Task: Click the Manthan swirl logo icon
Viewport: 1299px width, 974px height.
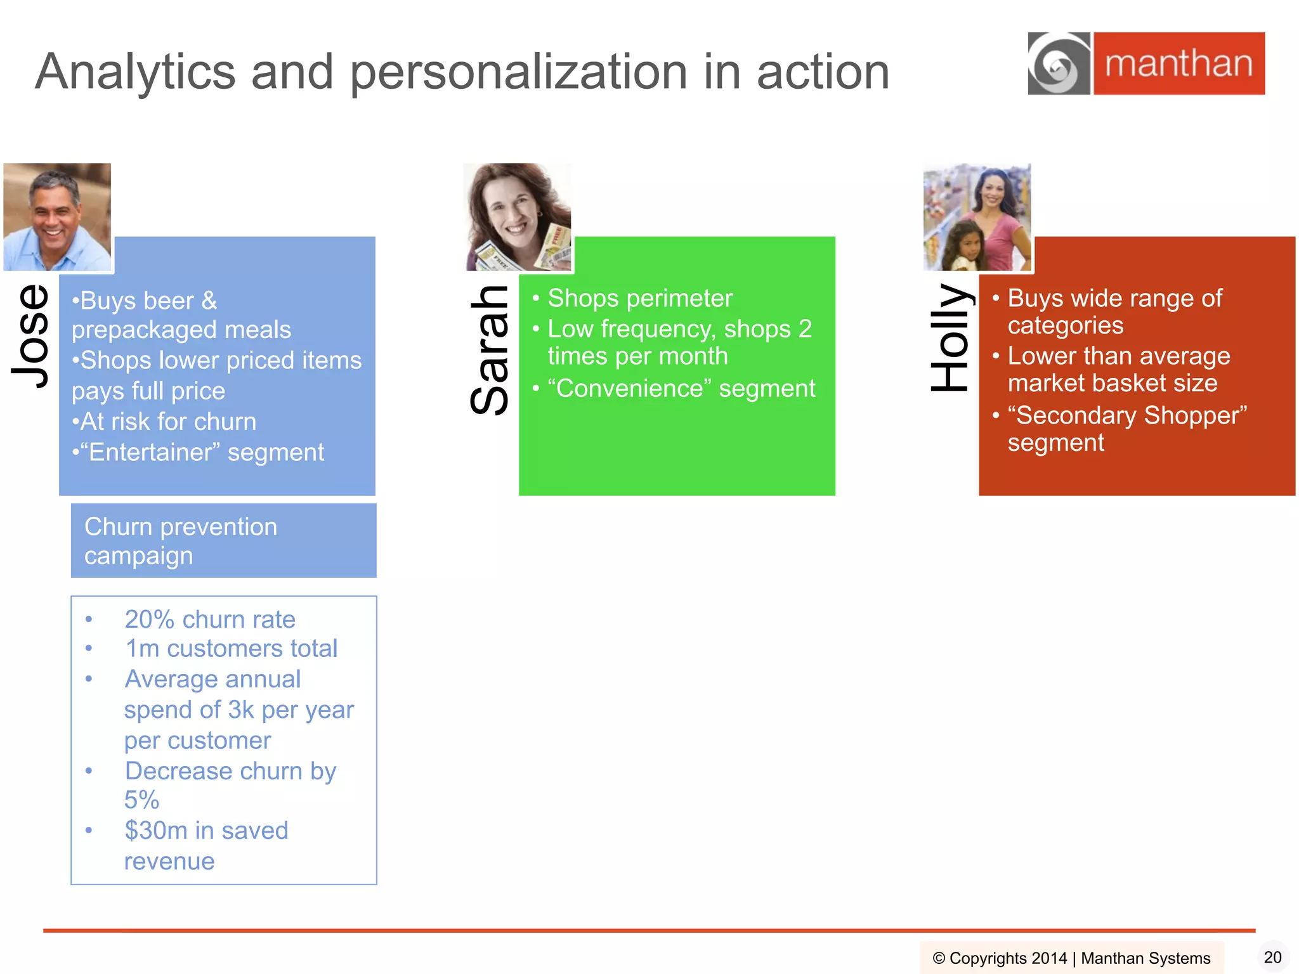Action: tap(1059, 64)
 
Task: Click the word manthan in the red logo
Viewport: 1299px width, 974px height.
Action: tap(1178, 64)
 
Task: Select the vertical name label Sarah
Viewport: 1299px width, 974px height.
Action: tap(490, 349)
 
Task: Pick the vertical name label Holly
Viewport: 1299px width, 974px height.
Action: tap(950, 337)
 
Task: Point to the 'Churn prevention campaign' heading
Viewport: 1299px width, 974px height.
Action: tap(181, 541)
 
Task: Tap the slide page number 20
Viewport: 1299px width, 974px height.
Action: tap(1272, 957)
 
